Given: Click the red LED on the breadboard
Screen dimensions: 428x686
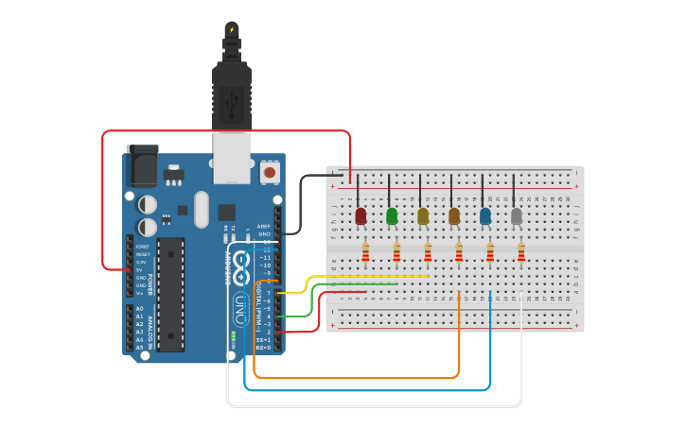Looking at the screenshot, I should pyautogui.click(x=361, y=216).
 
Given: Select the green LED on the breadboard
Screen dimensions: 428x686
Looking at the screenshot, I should pyautogui.click(x=392, y=216).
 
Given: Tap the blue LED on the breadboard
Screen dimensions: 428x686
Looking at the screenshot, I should pyautogui.click(x=485, y=216).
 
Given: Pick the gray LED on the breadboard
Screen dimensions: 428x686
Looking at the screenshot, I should pyautogui.click(x=517, y=216).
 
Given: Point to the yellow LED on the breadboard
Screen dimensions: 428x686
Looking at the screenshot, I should pyautogui.click(x=423, y=216).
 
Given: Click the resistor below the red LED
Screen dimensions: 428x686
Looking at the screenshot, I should pyautogui.click(x=366, y=252).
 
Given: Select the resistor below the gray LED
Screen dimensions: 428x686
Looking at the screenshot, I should pyautogui.click(x=521, y=252).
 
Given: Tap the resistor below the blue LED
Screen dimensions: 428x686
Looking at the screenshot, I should pyautogui.click(x=490, y=252).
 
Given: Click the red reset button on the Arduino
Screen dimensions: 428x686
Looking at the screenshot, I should pyautogui.click(x=270, y=173).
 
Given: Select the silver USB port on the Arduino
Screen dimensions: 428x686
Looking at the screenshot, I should pyautogui.click(x=231, y=157).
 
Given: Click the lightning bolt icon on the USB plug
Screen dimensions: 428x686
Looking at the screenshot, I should pyautogui.click(x=231, y=29).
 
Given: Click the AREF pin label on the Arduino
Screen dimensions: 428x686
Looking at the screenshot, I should pyautogui.click(x=265, y=226).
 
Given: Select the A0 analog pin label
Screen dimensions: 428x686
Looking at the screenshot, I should pyautogui.click(x=140, y=309).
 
